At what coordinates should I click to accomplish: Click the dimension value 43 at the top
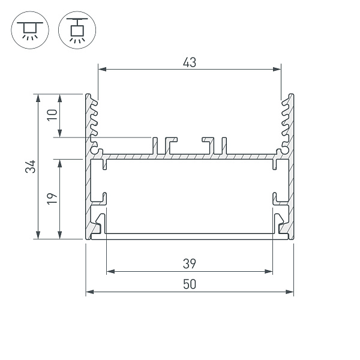click(x=190, y=61)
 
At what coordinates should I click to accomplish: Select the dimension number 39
click(x=190, y=263)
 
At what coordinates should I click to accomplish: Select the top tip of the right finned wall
click(x=290, y=96)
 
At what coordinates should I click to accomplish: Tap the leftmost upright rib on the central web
click(x=154, y=145)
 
